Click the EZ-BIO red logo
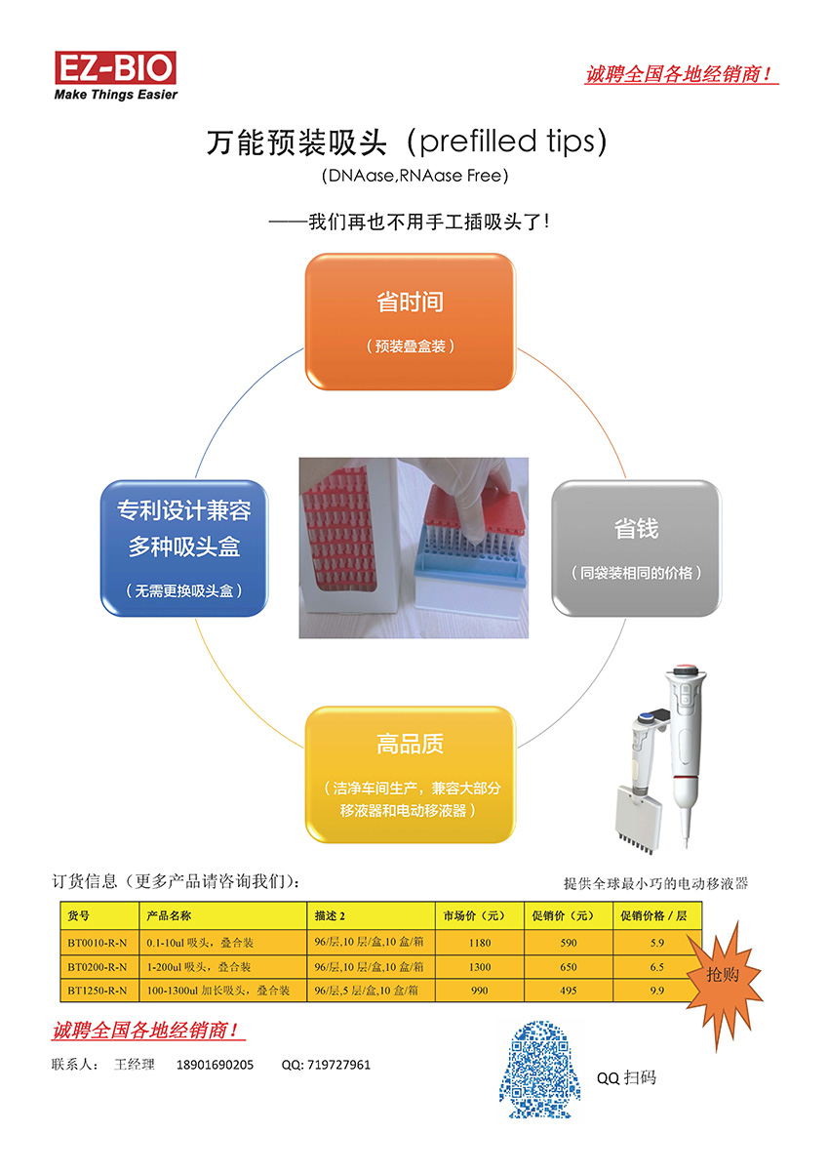115,67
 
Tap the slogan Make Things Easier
116,95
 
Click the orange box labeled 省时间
410,322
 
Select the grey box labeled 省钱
636,547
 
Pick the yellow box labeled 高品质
410,775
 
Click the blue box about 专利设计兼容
183,547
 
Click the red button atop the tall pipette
685,669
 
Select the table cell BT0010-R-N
99,943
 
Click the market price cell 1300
480,966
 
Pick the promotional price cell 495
569,991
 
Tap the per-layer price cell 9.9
656,991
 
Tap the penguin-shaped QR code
540,1070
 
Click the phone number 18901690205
215,1065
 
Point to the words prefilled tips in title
507,141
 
